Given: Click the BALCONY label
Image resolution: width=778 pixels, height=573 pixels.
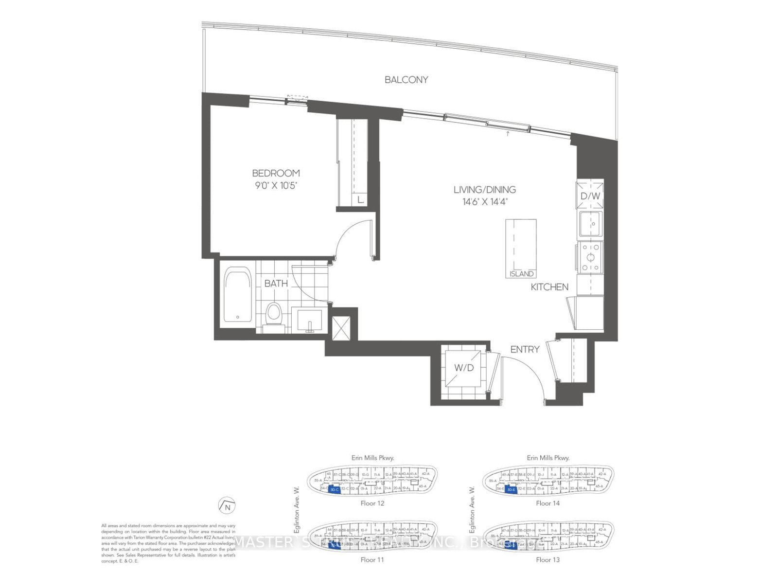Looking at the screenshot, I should pyautogui.click(x=406, y=80).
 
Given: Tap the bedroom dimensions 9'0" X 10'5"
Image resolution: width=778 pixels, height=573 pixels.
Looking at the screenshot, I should pyautogui.click(x=275, y=185).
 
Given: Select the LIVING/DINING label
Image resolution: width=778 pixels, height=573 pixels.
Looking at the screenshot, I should pyautogui.click(x=484, y=190).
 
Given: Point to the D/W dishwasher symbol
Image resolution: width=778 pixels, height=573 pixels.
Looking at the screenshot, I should pyautogui.click(x=590, y=195).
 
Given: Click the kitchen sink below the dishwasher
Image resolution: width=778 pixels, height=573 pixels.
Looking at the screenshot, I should pyautogui.click(x=590, y=224).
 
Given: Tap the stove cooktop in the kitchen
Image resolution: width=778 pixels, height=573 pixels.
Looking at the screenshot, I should pyautogui.click(x=591, y=257).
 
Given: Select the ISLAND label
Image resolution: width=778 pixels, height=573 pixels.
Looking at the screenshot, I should pyautogui.click(x=521, y=274).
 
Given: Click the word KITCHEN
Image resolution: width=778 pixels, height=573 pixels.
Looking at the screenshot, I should pyautogui.click(x=549, y=287).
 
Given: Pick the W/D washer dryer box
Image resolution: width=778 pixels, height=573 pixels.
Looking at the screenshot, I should pyautogui.click(x=463, y=368).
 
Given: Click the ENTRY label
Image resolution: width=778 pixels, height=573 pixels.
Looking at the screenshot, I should pyautogui.click(x=525, y=349).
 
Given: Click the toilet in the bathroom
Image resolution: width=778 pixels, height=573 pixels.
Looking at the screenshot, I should pyautogui.click(x=274, y=314).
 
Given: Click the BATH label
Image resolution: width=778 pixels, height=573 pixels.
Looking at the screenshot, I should pyautogui.click(x=276, y=283).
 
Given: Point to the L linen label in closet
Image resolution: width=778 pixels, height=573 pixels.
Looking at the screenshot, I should pyautogui.click(x=359, y=199).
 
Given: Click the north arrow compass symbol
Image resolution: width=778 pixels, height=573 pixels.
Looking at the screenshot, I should pyautogui.click(x=227, y=506).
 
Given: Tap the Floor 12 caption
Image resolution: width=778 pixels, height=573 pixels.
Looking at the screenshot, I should pyautogui.click(x=373, y=503).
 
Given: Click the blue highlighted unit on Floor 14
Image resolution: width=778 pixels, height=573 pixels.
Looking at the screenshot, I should pyautogui.click(x=511, y=490).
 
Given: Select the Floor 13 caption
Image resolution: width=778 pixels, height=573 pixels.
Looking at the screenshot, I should pyautogui.click(x=548, y=560).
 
